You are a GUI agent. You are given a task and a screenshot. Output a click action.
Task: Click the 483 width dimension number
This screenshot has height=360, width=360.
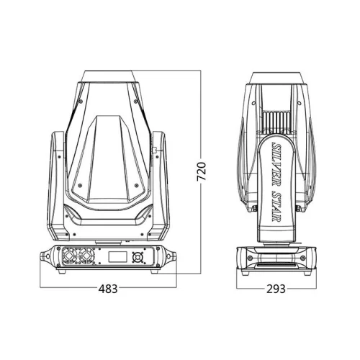pos(108,289)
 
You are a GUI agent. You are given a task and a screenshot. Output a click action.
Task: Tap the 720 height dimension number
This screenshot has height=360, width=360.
pos(202,171)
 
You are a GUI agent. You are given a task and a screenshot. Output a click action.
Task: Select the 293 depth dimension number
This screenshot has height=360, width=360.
pos(276,289)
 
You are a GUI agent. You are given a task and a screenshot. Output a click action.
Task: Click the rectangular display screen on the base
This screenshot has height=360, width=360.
pos(117,257)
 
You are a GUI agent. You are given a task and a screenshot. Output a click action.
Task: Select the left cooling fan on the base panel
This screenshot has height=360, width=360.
pos(70,256)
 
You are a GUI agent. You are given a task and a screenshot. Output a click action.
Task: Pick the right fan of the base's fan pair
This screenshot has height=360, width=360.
pos(86,256)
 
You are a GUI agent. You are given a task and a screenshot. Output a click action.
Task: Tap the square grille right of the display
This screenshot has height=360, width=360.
pos(138,258)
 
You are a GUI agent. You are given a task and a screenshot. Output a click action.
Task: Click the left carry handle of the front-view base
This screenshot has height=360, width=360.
pos(45,256)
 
